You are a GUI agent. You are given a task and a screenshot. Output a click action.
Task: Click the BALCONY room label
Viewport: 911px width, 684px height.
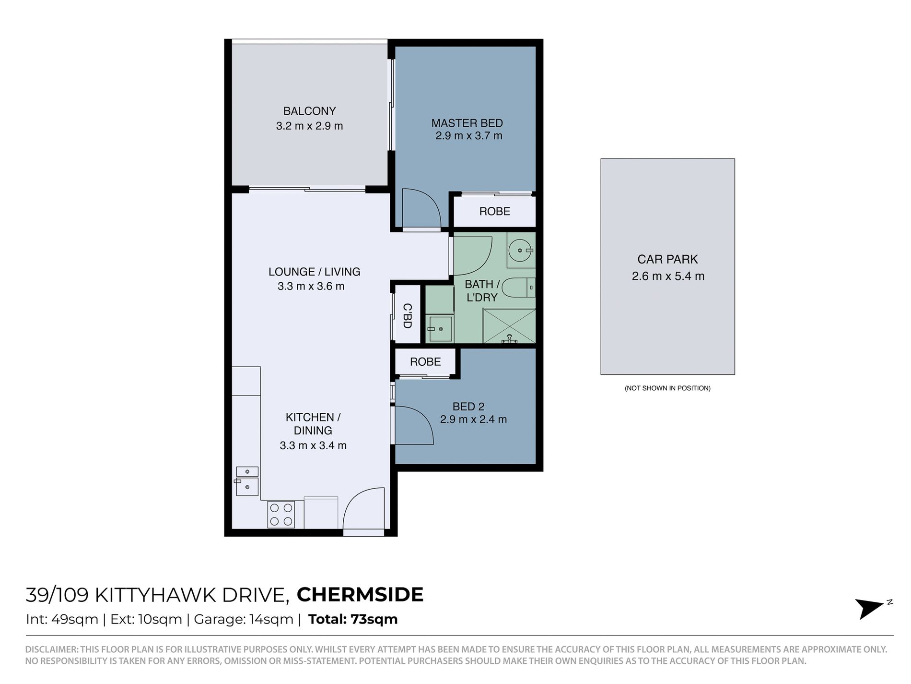309,111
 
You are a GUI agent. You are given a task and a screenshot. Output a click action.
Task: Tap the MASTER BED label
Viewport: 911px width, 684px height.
467,123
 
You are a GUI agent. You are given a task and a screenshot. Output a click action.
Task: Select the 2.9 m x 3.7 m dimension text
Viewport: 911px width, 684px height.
469,136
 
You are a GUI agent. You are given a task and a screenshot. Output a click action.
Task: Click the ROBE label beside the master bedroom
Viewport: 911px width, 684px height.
495,211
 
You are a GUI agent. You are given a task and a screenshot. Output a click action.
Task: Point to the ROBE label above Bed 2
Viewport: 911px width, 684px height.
425,361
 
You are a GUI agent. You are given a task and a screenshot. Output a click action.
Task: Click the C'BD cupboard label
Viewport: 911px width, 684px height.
407,315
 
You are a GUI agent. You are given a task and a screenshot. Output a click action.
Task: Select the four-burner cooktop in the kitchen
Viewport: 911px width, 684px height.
281,514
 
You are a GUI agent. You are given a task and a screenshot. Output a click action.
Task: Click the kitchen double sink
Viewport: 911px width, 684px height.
247,481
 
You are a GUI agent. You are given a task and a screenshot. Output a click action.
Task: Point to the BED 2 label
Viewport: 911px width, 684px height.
468,407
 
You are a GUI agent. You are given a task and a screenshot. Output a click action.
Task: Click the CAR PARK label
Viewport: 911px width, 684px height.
667,259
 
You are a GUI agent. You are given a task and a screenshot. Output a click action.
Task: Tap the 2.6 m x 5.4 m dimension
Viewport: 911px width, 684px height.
668,276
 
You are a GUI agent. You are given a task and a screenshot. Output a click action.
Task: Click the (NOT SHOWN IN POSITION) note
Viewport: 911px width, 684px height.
667,388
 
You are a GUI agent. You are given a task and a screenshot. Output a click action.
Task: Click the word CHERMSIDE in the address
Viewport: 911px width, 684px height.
360,595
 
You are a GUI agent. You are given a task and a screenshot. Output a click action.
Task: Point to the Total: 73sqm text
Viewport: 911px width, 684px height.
353,619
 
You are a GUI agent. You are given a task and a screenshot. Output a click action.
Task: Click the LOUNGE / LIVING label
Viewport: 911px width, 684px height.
314,272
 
